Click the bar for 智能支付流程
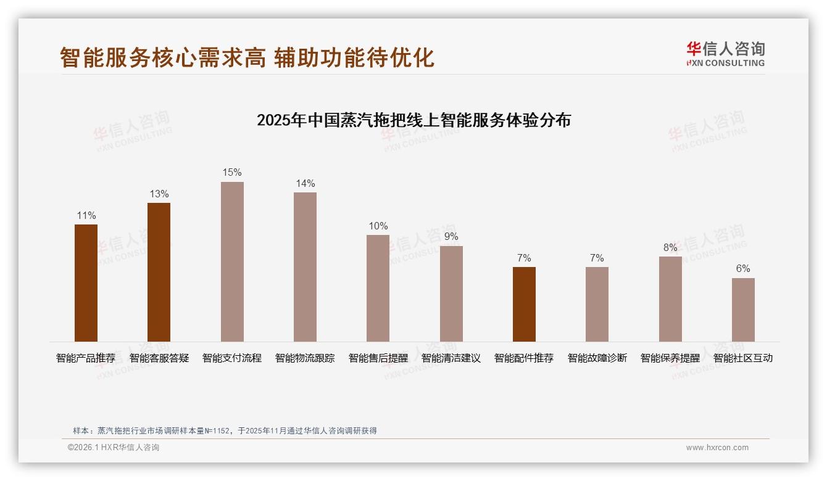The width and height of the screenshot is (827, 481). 232,261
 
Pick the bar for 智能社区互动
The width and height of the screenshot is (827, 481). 743,310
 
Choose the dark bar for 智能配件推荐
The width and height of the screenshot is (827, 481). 524,304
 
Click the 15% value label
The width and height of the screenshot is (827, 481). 232,173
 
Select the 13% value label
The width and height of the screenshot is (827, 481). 159,194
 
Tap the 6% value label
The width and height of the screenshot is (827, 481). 743,269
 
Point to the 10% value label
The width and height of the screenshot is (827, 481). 378,226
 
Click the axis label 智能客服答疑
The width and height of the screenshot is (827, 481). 159,358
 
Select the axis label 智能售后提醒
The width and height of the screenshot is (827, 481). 378,358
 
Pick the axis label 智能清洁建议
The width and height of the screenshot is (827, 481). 451,358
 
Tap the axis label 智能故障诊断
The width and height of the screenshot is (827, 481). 597,358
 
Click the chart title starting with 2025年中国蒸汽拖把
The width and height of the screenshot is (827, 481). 413,120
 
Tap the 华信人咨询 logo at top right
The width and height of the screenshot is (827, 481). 725,54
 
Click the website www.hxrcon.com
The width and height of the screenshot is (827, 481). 717,448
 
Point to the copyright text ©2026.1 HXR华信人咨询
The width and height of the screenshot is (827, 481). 114,448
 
